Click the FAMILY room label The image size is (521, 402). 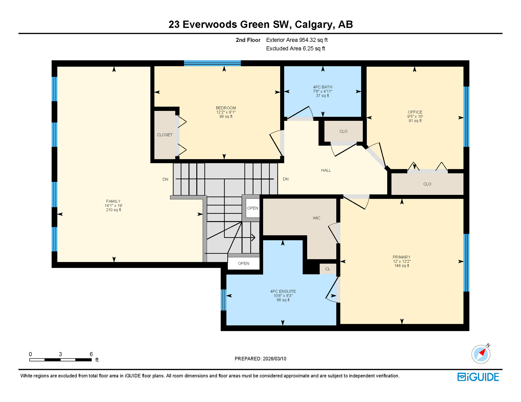(x=113, y=201)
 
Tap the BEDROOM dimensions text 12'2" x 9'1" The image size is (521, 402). (x=226, y=112)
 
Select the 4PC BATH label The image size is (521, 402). (x=322, y=87)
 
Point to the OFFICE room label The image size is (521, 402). (x=415, y=112)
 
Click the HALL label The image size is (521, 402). (x=326, y=170)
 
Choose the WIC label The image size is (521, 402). (x=316, y=218)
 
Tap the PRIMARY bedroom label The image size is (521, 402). (x=401, y=257)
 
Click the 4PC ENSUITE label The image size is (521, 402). (x=283, y=291)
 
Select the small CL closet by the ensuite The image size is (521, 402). (x=328, y=269)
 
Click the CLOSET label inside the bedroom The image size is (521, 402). (x=165, y=135)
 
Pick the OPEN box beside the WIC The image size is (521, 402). (x=252, y=208)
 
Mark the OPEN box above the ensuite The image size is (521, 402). (x=243, y=264)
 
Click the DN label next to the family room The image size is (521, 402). (x=165, y=179)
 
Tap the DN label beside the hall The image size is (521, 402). (x=285, y=179)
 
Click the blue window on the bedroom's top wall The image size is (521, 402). (x=212, y=63)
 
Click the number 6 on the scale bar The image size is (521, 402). (x=91, y=354)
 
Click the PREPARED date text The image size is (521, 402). (x=260, y=359)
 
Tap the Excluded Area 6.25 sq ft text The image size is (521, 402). (x=295, y=48)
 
